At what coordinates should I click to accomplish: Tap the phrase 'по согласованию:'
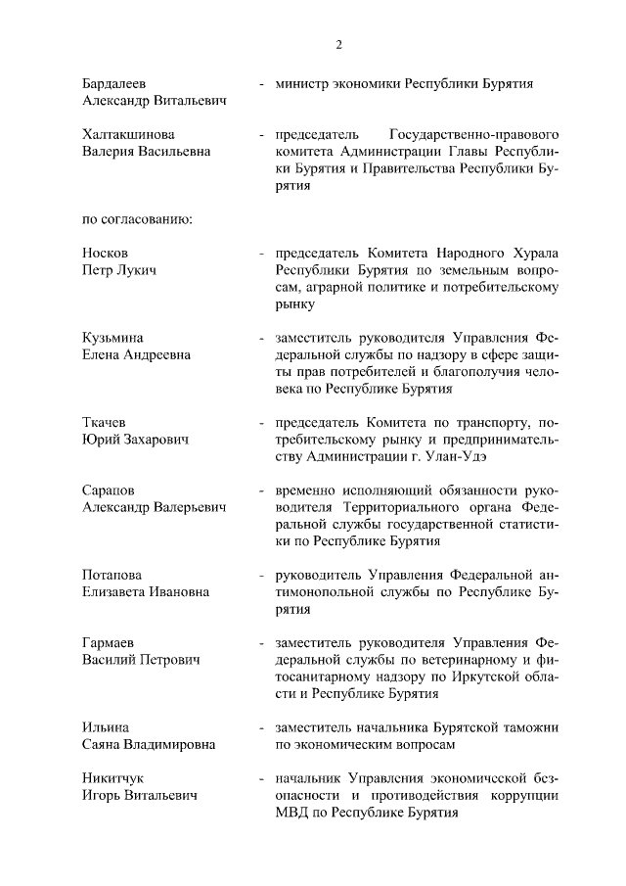[137, 217]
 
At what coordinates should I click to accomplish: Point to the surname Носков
[106, 253]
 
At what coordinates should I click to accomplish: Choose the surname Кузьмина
[114, 337]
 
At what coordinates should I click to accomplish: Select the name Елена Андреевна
[136, 354]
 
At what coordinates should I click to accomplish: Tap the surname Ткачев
[105, 421]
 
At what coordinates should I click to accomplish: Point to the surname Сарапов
[109, 489]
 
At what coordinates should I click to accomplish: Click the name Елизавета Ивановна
[146, 591]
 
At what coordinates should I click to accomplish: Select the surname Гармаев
[109, 642]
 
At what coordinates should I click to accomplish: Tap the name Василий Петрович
[141, 660]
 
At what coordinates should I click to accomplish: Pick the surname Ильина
[106, 726]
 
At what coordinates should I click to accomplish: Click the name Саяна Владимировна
[149, 744]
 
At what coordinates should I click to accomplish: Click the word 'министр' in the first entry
[304, 84]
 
